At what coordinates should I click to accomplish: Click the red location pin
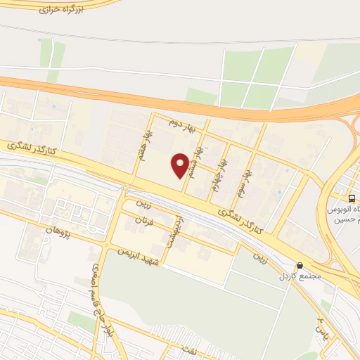181,165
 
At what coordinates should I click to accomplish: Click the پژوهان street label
60,231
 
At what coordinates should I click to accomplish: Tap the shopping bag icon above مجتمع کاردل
301,266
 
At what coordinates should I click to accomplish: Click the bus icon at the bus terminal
352,198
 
